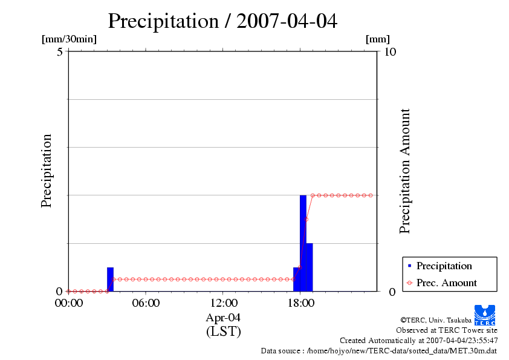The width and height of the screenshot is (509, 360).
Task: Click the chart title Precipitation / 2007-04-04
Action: coord(222,21)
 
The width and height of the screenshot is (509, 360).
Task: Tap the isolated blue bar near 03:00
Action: coord(110,280)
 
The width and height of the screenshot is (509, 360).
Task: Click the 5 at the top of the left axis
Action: coord(60,51)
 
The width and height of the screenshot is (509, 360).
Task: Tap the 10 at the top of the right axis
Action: coord(390,51)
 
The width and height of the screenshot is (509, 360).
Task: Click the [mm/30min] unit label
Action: coord(69,39)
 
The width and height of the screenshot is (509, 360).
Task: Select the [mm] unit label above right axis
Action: coord(378,39)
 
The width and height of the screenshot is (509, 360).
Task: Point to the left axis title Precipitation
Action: coord(47,171)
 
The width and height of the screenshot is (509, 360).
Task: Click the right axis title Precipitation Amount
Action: coord(405,171)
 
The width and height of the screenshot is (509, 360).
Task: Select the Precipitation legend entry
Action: coord(444,266)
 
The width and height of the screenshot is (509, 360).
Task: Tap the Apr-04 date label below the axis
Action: coord(223,318)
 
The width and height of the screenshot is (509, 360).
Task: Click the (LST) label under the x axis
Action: coord(223,331)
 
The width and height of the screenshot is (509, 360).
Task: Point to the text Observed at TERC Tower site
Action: coord(446,330)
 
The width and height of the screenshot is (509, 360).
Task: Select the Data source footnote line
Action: coord(379,350)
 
